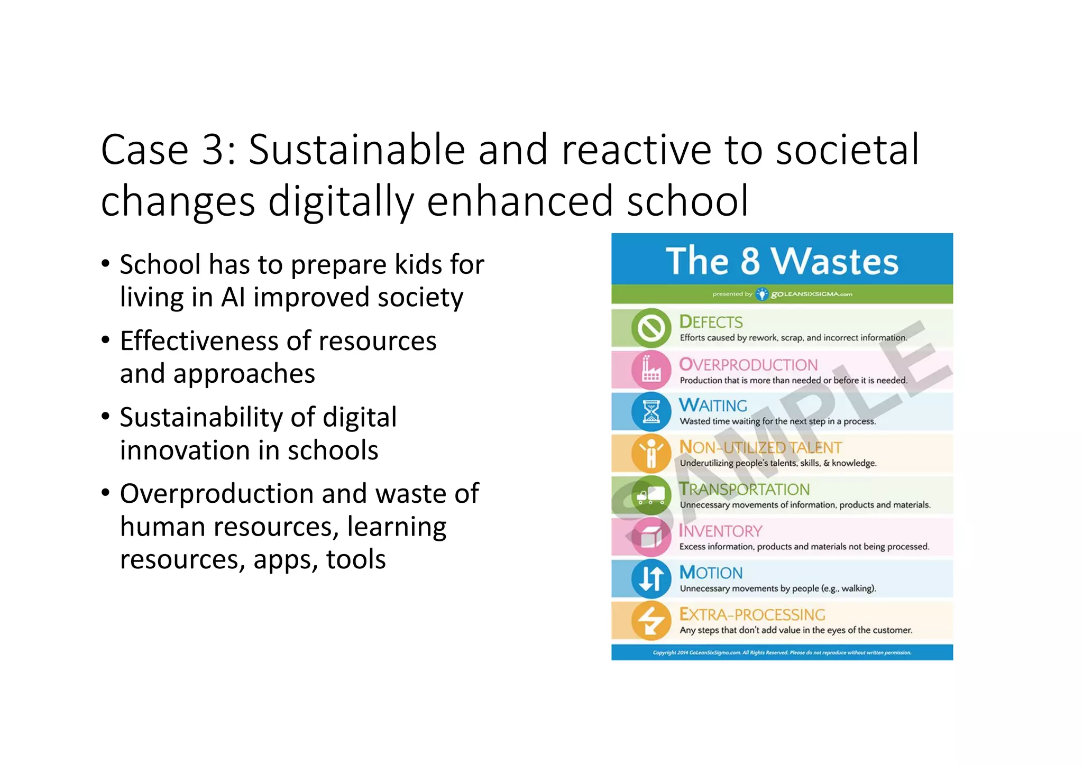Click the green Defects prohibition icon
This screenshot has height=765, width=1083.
tap(651, 328)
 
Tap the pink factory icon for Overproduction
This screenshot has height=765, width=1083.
tap(651, 370)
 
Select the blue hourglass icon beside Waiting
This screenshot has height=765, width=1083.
tap(651, 411)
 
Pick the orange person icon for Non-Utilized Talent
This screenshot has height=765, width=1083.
tap(651, 453)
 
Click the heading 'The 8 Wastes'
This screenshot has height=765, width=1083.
tap(782, 261)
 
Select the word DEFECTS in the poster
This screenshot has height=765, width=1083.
tap(711, 321)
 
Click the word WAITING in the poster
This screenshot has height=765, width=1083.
tap(713, 405)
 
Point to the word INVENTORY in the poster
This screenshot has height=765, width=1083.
tap(720, 531)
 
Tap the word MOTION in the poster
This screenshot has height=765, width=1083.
tap(711, 573)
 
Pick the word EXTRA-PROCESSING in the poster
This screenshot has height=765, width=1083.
tap(752, 614)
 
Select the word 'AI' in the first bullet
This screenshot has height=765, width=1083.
tap(233, 297)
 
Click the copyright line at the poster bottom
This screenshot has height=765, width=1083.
tap(782, 652)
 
